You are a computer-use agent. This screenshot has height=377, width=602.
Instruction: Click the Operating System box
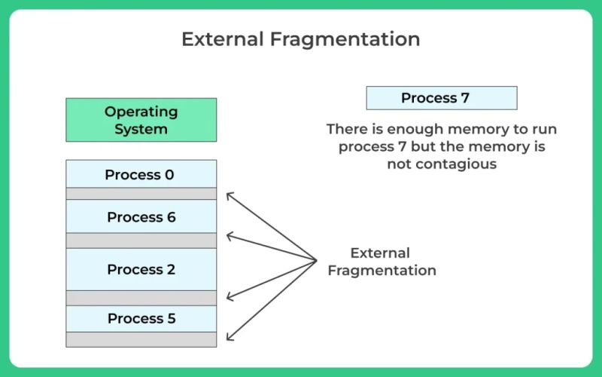click(x=141, y=120)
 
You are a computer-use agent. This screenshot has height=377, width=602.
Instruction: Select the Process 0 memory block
click(x=141, y=174)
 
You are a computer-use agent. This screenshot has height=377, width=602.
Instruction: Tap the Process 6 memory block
click(x=141, y=216)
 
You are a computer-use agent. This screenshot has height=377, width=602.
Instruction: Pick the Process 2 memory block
click(x=141, y=269)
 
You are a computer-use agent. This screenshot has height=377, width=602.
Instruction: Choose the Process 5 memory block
click(x=141, y=318)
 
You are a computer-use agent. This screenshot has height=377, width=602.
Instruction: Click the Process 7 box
click(x=441, y=98)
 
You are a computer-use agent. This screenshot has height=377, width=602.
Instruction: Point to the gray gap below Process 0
click(x=141, y=194)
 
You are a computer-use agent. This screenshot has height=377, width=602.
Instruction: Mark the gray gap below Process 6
click(x=141, y=241)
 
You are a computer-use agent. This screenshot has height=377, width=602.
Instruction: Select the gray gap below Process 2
click(x=141, y=298)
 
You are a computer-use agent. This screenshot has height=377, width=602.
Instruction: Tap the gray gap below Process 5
click(x=141, y=339)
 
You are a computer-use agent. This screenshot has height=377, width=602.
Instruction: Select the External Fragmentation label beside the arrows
click(x=382, y=262)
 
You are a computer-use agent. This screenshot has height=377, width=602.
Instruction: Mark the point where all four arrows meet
click(x=317, y=261)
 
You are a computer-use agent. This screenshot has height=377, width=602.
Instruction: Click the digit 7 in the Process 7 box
click(x=465, y=98)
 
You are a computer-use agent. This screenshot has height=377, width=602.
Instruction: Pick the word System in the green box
click(x=141, y=128)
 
